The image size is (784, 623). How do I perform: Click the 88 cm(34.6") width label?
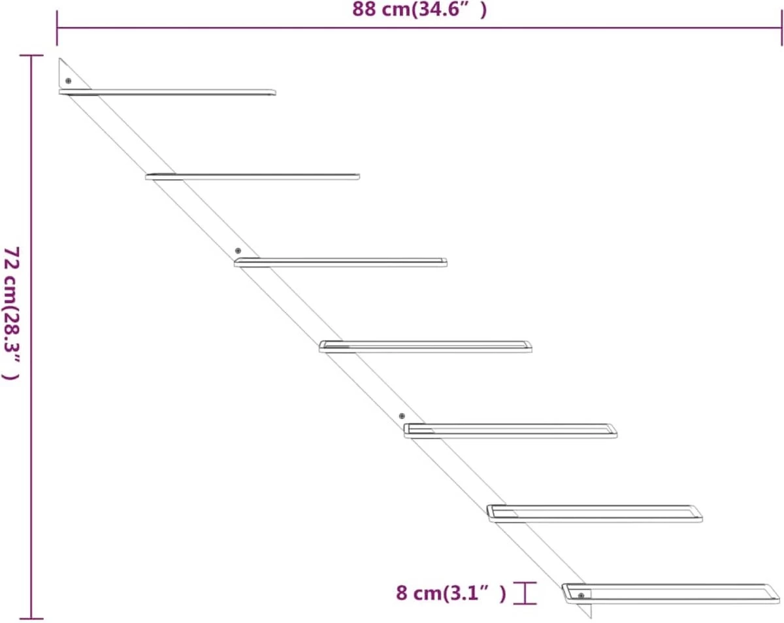click(x=419, y=9)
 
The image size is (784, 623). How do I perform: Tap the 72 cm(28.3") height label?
click(x=12, y=313)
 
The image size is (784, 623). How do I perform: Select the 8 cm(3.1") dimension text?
click(x=451, y=594)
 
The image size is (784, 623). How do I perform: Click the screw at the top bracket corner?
click(x=68, y=81)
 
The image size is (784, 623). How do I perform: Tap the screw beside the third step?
click(x=238, y=251)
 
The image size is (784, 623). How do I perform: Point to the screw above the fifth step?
click(x=402, y=416)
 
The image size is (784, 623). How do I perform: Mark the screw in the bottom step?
click(x=581, y=596)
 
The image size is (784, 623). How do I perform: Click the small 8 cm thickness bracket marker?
click(x=525, y=593)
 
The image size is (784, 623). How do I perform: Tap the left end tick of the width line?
click(x=57, y=28)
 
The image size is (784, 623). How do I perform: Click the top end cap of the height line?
click(x=31, y=56)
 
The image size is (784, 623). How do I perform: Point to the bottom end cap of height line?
click(x=31, y=618)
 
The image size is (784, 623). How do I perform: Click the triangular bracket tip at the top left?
click(x=61, y=61)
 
